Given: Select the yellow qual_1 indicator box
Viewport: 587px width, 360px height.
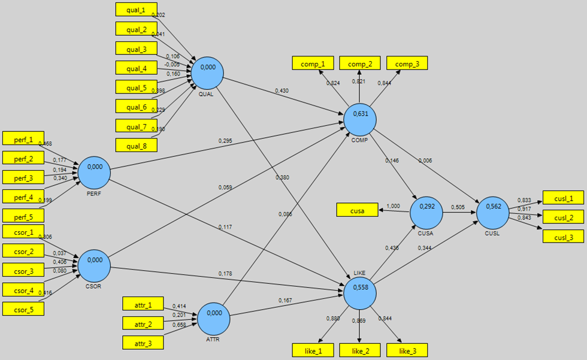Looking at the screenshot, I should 137,9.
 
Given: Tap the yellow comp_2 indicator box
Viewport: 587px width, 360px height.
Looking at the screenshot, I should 360,63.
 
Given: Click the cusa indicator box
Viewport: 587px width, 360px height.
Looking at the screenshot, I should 357,210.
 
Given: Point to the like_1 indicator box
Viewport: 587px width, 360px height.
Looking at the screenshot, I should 312,350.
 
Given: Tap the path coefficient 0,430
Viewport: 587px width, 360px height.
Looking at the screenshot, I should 282,90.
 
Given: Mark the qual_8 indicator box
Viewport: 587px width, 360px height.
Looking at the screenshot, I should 137,145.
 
